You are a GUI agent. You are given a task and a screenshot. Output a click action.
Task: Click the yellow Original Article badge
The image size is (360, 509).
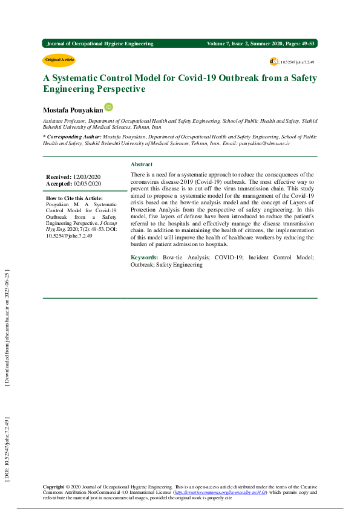[59, 60]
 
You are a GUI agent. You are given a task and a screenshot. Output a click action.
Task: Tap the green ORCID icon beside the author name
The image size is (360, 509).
[109, 107]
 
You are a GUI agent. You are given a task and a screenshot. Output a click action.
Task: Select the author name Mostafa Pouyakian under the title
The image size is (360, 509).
[73, 110]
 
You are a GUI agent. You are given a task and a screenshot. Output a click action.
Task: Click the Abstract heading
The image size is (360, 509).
[142, 164]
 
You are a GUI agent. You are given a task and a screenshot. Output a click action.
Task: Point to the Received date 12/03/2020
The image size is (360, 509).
[87, 177]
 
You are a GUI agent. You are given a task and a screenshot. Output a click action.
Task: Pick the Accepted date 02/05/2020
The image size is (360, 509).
[87, 183]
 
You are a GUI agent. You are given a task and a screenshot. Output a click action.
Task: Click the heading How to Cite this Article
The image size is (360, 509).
[74, 198]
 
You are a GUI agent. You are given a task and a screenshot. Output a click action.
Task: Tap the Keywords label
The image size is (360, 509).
[145, 258]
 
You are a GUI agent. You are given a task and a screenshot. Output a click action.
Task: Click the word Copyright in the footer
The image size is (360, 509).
[53, 487]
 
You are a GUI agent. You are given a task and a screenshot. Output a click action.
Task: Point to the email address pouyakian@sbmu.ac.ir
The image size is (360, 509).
[264, 143]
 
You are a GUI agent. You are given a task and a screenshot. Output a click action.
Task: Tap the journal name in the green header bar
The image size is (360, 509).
[100, 44]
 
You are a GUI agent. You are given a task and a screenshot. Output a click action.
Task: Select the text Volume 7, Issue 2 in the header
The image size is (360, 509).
[231, 44]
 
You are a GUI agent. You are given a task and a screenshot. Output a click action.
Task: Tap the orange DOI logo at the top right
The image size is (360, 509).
[273, 62]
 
